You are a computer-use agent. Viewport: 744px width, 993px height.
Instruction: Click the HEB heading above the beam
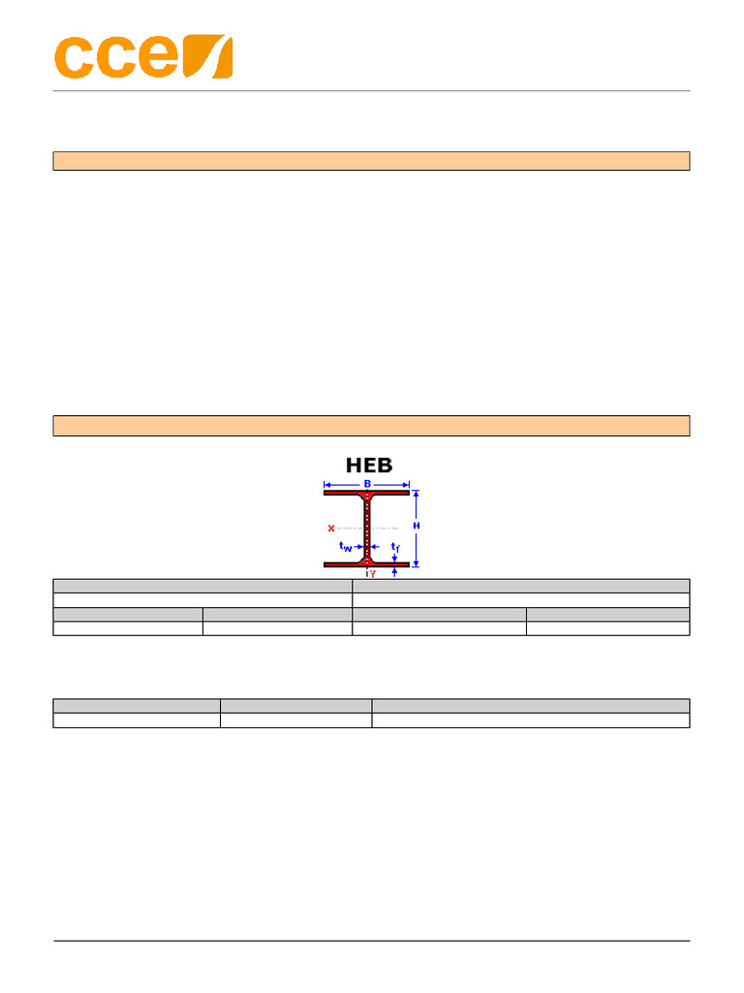pyautogui.click(x=369, y=465)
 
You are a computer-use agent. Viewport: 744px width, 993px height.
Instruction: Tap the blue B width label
pyautogui.click(x=367, y=484)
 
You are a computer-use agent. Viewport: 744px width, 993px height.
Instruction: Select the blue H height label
pyautogui.click(x=417, y=526)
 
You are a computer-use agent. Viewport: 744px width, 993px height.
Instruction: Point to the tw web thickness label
pyautogui.click(x=345, y=547)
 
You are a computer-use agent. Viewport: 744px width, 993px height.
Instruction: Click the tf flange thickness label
pyautogui.click(x=395, y=547)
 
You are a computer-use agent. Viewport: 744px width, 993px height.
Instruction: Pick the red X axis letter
pyautogui.click(x=331, y=529)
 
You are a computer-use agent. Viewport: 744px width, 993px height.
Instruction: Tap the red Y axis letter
pyautogui.click(x=373, y=573)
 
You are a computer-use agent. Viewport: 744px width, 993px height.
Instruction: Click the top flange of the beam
pyautogui.click(x=366, y=492)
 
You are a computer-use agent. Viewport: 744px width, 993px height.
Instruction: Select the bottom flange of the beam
pyautogui.click(x=366, y=563)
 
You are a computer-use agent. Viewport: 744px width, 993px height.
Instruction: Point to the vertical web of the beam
pyautogui.click(x=366, y=529)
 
